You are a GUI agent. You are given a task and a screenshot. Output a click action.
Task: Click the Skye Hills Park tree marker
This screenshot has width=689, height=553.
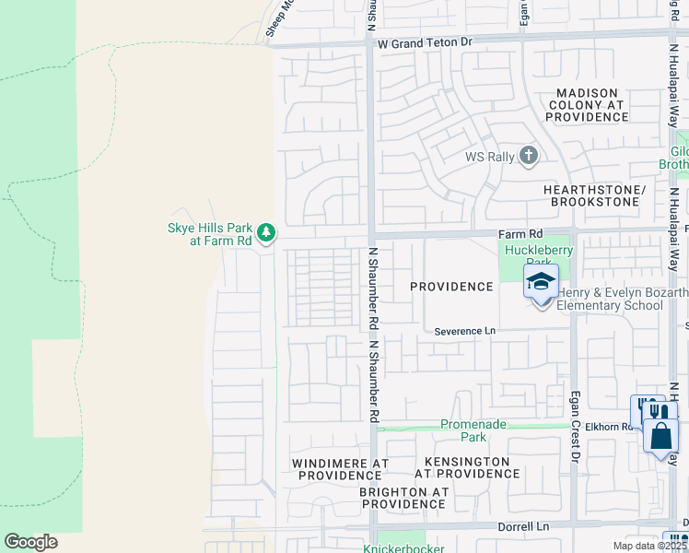[x=266, y=230]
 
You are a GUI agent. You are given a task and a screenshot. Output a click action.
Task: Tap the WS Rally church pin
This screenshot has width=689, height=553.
[x=529, y=155]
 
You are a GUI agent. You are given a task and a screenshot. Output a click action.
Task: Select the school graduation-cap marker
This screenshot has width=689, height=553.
[x=541, y=282]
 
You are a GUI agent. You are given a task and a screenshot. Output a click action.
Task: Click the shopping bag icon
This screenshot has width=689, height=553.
[x=661, y=435]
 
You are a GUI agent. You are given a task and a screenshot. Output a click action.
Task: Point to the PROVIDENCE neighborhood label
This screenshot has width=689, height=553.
[x=451, y=287]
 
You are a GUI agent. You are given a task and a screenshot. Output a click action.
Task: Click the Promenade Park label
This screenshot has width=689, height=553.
[x=462, y=430]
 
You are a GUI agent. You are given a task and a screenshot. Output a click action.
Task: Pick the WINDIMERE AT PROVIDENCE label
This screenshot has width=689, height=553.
[x=334, y=468]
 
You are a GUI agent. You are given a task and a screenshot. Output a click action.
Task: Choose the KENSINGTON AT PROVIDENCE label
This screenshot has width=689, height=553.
[x=467, y=466]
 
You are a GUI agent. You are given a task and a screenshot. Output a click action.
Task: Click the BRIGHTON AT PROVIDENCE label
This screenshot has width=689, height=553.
[x=403, y=498]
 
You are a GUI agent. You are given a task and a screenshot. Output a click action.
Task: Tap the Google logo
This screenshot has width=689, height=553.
[x=30, y=542]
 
